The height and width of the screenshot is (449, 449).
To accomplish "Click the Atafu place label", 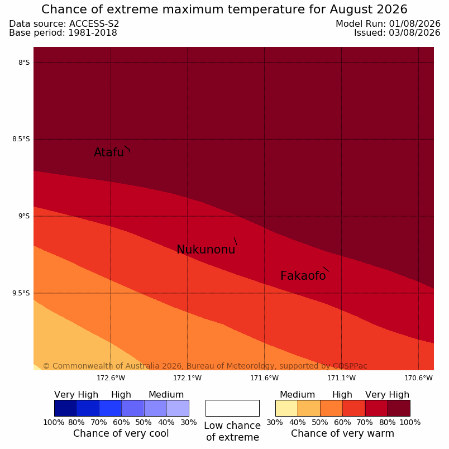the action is point(109,152).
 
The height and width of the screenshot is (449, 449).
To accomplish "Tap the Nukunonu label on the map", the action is point(206,250).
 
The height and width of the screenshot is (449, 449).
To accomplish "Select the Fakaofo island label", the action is point(303,276).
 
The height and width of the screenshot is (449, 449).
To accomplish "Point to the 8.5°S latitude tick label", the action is point(21,139).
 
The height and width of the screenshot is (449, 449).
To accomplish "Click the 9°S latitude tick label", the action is point(24,216).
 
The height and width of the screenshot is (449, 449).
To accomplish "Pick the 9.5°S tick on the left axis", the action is point(21,293).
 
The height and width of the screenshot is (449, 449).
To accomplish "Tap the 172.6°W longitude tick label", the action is point(111,378).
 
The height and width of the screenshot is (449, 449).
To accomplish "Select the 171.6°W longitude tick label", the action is point(264,378).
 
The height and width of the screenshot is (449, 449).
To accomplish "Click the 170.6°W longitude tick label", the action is point(418,378).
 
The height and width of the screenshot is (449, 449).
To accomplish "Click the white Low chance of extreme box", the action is point(232,408).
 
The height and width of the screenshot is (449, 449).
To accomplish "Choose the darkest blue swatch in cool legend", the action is point(65,408).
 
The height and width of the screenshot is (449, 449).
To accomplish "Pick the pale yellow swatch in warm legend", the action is point(286,408).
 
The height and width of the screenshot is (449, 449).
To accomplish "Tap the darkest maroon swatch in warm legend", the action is point(399,408).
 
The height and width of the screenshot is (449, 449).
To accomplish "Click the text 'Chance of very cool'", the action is point(121,433).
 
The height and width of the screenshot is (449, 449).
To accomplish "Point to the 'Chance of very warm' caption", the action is point(342,433).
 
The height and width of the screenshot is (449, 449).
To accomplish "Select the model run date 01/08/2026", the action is point(414,24).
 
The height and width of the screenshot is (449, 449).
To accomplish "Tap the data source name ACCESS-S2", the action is point(94,24).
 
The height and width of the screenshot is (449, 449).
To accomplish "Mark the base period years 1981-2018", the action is point(93,32).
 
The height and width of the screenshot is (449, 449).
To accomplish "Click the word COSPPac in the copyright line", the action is point(350,366).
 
